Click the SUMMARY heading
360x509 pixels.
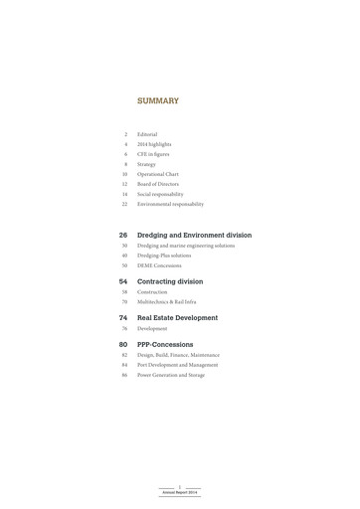coord(158,100)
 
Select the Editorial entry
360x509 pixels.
coord(147,134)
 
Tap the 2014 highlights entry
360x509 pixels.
coord(154,144)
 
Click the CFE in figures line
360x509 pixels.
coord(153,154)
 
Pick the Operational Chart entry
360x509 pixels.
coord(158,174)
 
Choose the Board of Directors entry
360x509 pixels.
coord(159,184)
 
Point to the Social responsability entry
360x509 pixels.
coord(160,194)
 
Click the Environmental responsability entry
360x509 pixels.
coord(170,204)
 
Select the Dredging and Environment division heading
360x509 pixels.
coord(194,236)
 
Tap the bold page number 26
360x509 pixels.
coord(123,236)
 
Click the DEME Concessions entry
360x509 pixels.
coord(159,265)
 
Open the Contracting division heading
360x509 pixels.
coord(170,281)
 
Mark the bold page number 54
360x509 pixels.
coord(123,281)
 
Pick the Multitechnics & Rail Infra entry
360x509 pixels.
coord(167,301)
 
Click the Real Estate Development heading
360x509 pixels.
coord(177,318)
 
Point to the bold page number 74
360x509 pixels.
coord(123,318)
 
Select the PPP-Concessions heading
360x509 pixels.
coord(165,345)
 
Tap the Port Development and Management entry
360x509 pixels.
coord(177,365)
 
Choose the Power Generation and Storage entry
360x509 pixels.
coord(171,375)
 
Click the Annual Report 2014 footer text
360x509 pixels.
coord(180,492)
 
